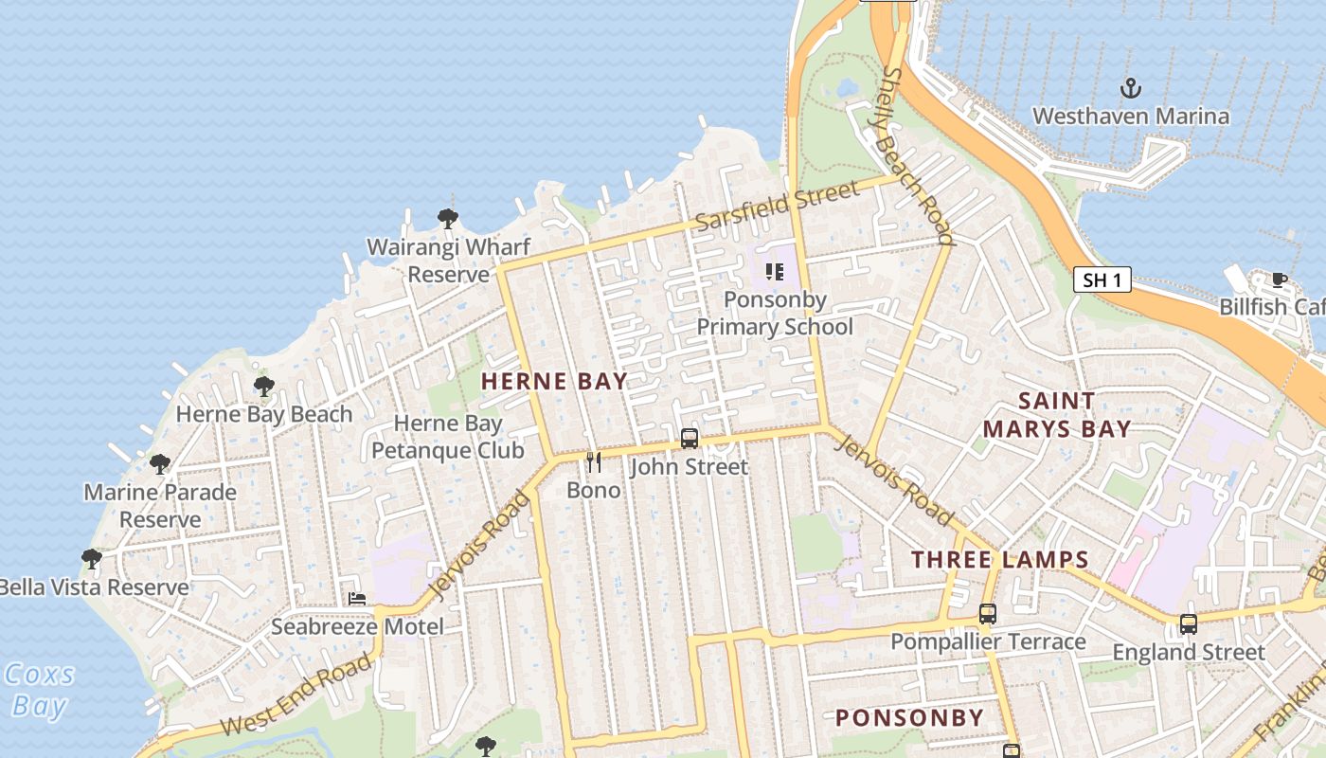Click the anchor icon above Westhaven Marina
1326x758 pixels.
click(1130, 89)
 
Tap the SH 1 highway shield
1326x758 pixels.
click(1102, 280)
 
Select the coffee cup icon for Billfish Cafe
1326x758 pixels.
click(1279, 280)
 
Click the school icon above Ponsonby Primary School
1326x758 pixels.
click(775, 272)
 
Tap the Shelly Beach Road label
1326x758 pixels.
click(917, 156)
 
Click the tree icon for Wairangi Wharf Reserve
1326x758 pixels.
click(448, 219)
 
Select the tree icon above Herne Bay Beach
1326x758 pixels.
click(264, 386)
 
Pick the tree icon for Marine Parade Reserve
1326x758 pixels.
click(160, 464)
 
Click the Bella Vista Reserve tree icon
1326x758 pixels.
click(92, 559)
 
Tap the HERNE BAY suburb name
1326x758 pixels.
click(554, 382)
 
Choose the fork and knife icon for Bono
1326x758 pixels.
click(594, 462)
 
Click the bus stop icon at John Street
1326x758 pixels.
click(690, 439)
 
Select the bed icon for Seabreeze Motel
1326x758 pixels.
click(357, 599)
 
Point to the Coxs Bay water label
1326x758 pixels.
click(39, 690)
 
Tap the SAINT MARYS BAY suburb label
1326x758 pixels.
click(1057, 415)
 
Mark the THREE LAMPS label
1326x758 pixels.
click(1000, 559)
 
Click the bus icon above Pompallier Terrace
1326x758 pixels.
click(988, 614)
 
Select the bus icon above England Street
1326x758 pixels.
click(1188, 624)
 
